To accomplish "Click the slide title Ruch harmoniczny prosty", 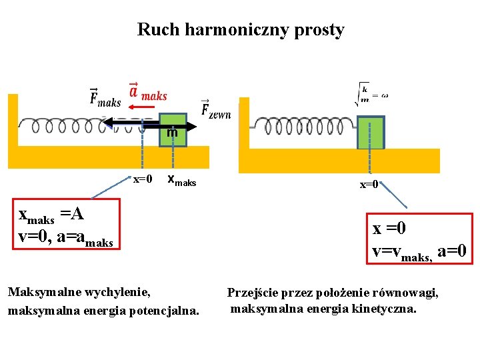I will (x=241, y=30).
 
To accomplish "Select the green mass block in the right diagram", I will (x=371, y=133).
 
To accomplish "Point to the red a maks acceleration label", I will (x=147, y=93).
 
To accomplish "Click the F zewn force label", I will (x=216, y=110).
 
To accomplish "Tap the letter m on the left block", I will (x=173, y=133).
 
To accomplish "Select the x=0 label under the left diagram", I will (x=143, y=179).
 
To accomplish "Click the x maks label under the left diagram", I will (x=181, y=179).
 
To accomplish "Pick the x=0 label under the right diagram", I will (x=369, y=185).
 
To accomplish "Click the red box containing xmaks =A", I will (x=68, y=224).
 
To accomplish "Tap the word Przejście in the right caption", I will (x=253, y=292).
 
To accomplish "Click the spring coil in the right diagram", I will (x=303, y=126).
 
